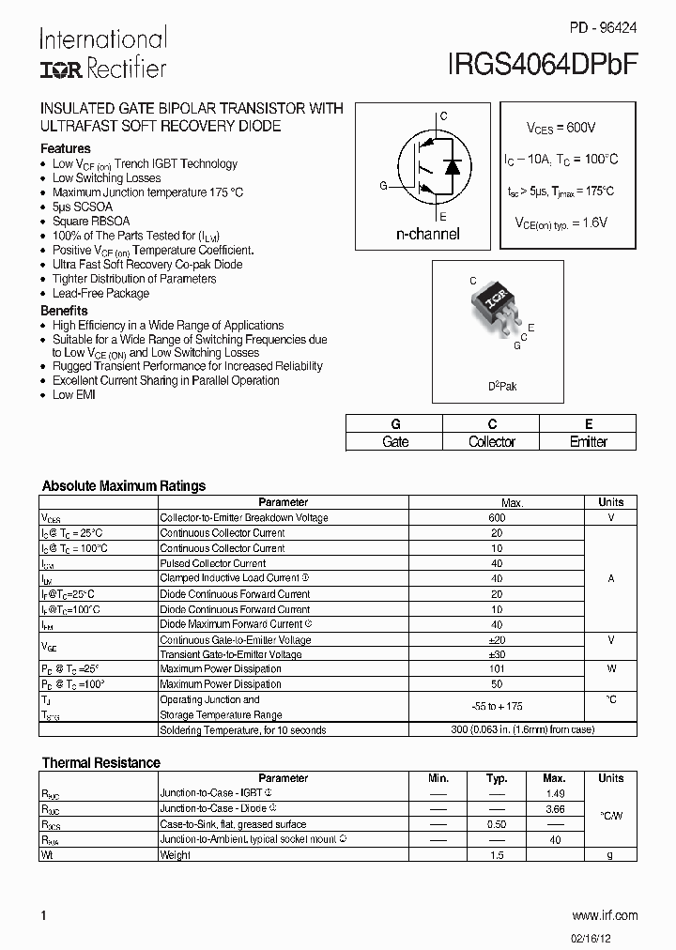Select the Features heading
[66, 148]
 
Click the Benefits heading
[64, 311]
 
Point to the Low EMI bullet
[74, 395]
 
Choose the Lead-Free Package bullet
[100, 293]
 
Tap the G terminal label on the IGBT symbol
[383, 186]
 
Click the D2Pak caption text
[501, 386]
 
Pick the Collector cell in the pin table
[492, 442]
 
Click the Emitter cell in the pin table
[589, 442]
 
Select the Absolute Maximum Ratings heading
[124, 486]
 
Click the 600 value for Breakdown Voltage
[497, 518]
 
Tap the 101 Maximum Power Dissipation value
[497, 669]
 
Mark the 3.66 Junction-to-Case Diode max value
[554, 808]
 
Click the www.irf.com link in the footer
[604, 915]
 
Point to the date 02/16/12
[615, 936]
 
